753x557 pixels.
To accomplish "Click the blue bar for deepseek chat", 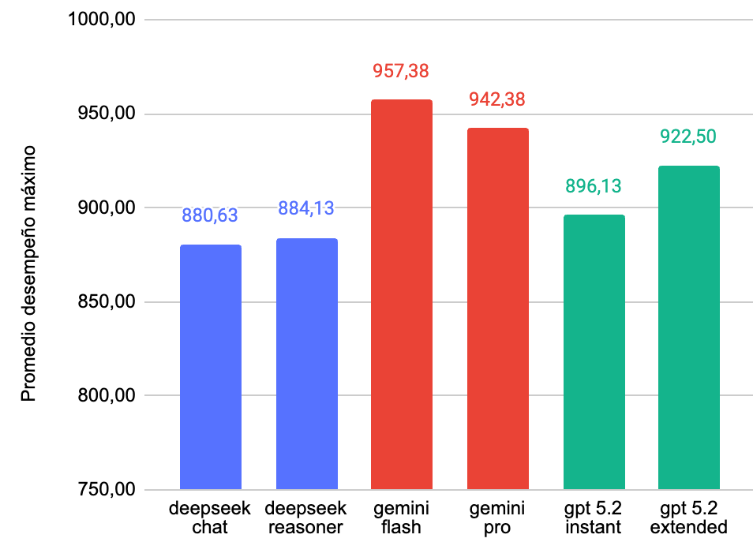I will (211, 367).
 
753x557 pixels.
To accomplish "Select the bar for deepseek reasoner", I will (307, 364).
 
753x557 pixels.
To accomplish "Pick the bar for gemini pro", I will (498, 308).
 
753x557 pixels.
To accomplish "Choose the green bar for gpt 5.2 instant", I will (594, 352).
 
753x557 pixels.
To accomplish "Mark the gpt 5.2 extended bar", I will (689, 327).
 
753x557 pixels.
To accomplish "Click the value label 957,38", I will (401, 71).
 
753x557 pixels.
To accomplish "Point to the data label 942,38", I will (497, 99).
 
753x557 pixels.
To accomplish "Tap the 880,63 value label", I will (210, 215).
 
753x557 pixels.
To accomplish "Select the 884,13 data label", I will (306, 209).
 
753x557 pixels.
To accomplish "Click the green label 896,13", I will (594, 186).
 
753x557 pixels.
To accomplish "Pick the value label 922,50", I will (688, 136).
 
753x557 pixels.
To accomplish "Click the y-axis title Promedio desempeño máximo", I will (28, 272).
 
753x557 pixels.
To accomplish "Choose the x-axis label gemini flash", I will (401, 518).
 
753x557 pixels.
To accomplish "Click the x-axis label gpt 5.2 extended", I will (688, 518).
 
